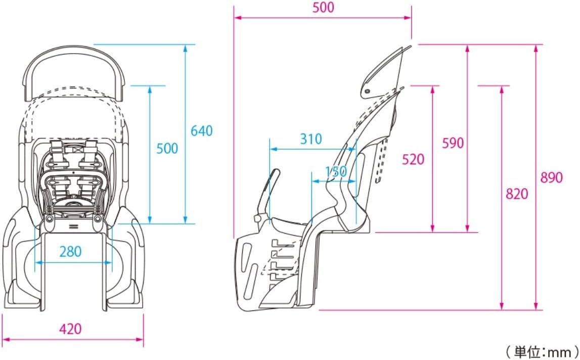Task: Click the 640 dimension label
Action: point(202,131)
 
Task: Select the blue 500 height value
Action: point(167,148)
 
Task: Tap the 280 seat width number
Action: point(70,252)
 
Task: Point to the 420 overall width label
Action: point(70,329)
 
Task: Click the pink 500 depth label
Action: point(323,8)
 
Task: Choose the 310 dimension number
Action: point(310,139)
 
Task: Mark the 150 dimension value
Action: point(336,171)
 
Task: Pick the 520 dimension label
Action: point(413,159)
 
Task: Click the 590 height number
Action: point(453,143)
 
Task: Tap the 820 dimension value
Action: point(517,194)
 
